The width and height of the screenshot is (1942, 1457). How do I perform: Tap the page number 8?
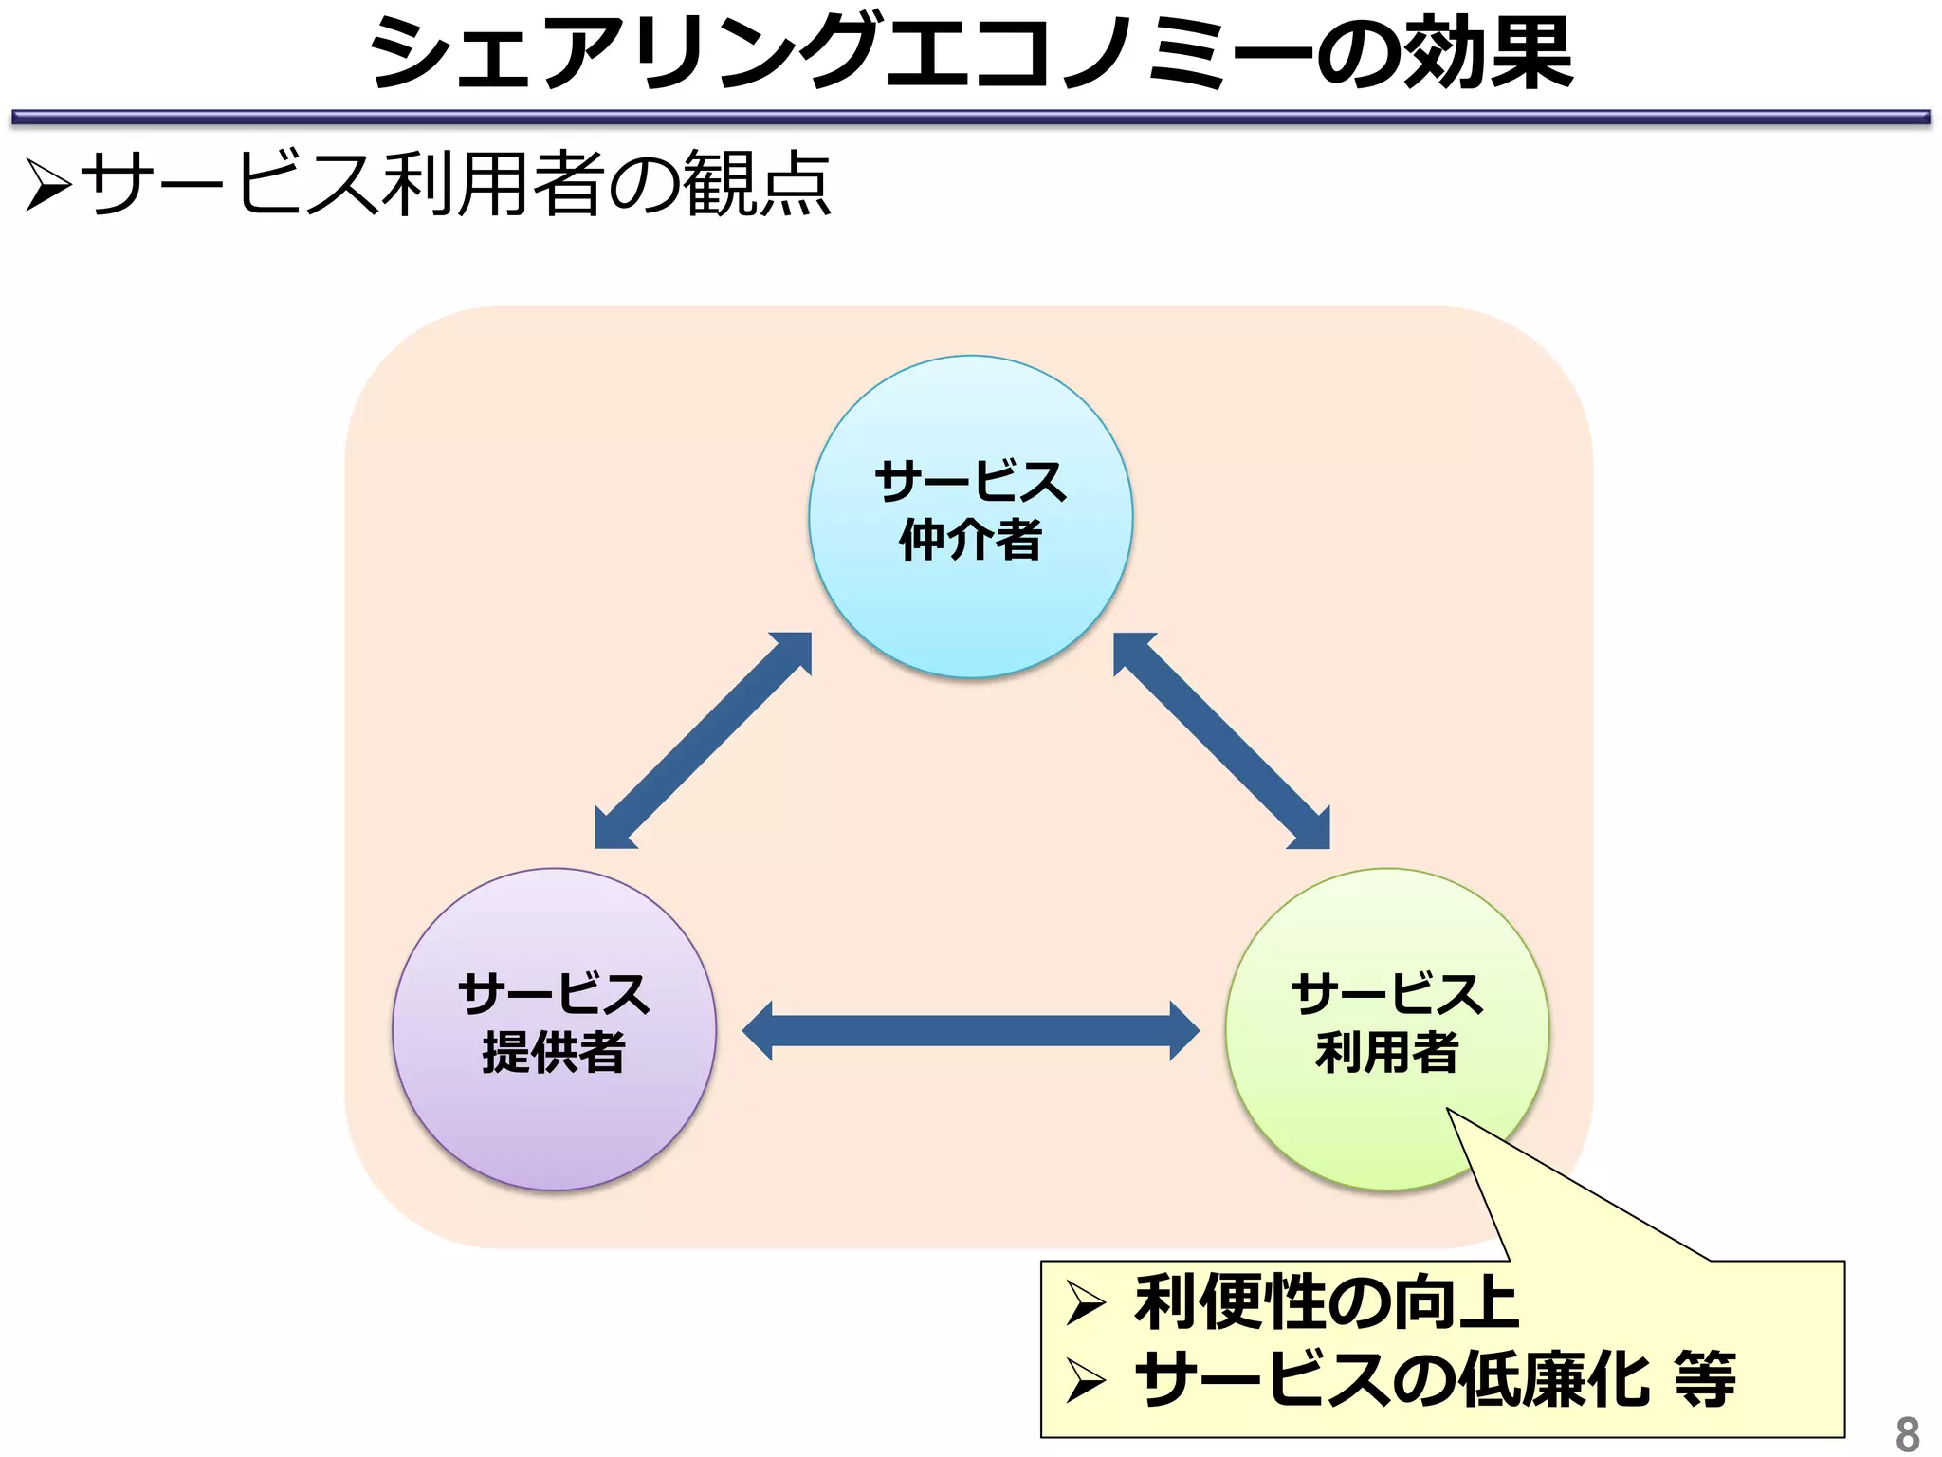pyautogui.click(x=1907, y=1432)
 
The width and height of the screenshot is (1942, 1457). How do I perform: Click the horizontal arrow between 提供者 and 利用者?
pyautogui.click(x=970, y=1030)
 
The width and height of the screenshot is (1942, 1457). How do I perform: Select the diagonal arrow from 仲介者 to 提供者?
pyautogui.click(x=703, y=741)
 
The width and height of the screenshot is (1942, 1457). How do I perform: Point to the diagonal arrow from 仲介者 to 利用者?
pyautogui.click(x=1221, y=741)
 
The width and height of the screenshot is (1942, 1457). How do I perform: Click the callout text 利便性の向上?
pyautogui.click(x=1326, y=1303)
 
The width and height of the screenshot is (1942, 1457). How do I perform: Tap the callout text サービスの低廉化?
pyautogui.click(x=1392, y=1379)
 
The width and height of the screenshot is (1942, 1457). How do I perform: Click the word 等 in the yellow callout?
pyautogui.click(x=1705, y=1379)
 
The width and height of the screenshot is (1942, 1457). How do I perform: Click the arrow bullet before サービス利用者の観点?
pyautogui.click(x=48, y=184)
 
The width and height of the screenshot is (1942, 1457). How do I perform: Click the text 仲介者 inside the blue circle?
pyautogui.click(x=970, y=540)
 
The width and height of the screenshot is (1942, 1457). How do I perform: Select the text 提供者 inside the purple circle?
pyautogui.click(x=554, y=1052)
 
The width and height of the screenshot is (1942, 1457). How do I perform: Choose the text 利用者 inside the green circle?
pyautogui.click(x=1386, y=1052)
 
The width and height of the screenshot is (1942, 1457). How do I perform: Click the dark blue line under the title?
pyautogui.click(x=970, y=118)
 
